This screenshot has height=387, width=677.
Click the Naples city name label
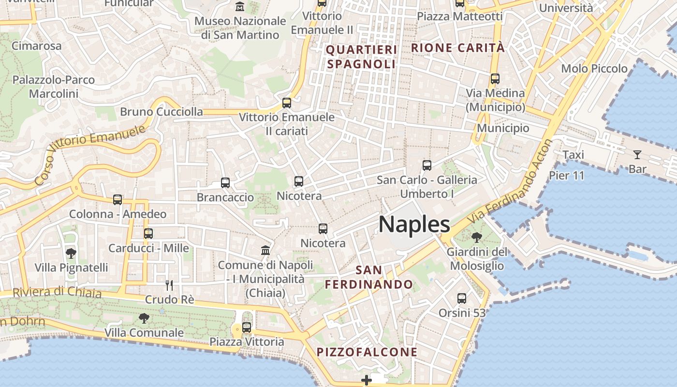414,224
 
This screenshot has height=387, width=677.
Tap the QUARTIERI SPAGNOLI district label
361,57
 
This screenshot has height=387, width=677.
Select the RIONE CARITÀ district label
457,48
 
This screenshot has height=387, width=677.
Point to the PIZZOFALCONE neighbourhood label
367,352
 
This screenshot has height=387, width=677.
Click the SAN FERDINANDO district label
368,277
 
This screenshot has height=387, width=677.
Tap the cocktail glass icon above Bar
637,155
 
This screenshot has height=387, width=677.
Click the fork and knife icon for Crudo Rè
169,285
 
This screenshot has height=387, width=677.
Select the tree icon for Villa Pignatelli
71,253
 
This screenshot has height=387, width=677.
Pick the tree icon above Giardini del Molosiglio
477,237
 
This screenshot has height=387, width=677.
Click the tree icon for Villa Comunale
144,318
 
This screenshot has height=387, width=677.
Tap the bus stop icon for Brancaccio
225,182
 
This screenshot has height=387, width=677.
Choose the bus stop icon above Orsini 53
462,298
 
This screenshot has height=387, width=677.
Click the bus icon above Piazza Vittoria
247,327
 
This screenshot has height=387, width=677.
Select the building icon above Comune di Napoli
265,250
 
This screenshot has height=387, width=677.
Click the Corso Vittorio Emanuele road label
90,155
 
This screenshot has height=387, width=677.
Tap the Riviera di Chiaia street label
57,293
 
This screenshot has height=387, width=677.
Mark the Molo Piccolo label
594,68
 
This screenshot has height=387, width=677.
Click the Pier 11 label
566,175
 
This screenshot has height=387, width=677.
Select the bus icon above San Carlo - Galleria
427,165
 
